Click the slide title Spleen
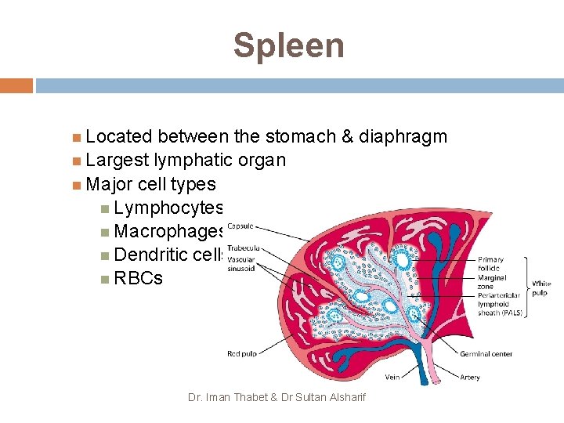(288, 45)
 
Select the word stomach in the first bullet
(298, 137)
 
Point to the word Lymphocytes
(168, 208)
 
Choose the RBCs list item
(138, 278)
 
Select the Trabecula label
(242, 248)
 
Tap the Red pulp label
(243, 354)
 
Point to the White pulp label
(541, 287)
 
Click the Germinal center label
(486, 354)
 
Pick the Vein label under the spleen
(392, 378)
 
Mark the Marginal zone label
(492, 282)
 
